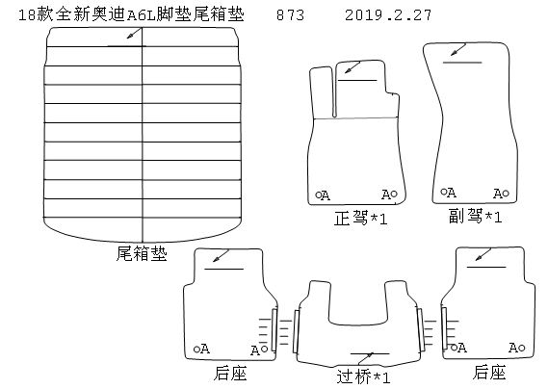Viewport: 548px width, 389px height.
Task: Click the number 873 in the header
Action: coord(290,15)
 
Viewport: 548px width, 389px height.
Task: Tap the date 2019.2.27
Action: coord(388,15)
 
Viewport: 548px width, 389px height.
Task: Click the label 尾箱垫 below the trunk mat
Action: coord(142,253)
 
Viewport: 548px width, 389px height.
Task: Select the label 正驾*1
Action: coord(360,218)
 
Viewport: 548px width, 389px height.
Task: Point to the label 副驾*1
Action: coord(475,216)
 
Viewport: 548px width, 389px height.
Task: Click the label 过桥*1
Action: coord(363,376)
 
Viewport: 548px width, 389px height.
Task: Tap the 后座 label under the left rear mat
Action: coord(230,373)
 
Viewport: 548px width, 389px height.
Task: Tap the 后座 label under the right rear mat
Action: coord(489,372)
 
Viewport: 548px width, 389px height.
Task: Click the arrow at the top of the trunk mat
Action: coord(135,33)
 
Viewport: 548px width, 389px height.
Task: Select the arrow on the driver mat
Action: coord(352,67)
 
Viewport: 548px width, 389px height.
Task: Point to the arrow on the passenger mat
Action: coord(458,49)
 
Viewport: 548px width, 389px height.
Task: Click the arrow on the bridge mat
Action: coord(366,359)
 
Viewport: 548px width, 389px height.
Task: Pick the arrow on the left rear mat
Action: coord(221,256)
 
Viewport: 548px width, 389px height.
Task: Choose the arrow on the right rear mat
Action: coord(483,254)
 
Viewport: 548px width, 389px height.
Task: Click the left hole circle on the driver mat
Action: coord(318,195)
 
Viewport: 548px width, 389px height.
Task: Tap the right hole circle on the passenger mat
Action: coord(506,193)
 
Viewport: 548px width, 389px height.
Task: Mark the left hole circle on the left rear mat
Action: coord(196,350)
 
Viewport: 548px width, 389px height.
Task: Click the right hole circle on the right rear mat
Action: coord(522,348)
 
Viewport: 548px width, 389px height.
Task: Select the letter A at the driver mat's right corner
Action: coord(386,194)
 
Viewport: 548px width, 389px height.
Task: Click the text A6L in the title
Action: coord(141,15)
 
